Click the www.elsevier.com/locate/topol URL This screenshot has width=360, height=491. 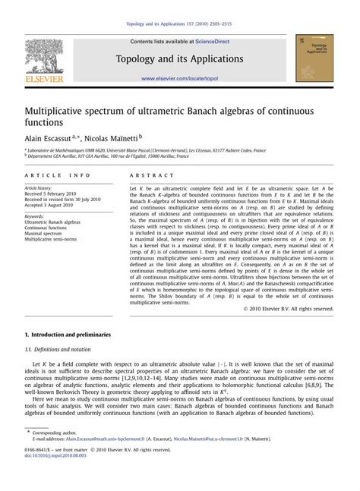(x=179, y=78)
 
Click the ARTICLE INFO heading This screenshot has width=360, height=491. (x=47, y=175)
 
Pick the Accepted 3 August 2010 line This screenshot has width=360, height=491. (x=55, y=205)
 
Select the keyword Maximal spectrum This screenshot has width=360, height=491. (x=49, y=233)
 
